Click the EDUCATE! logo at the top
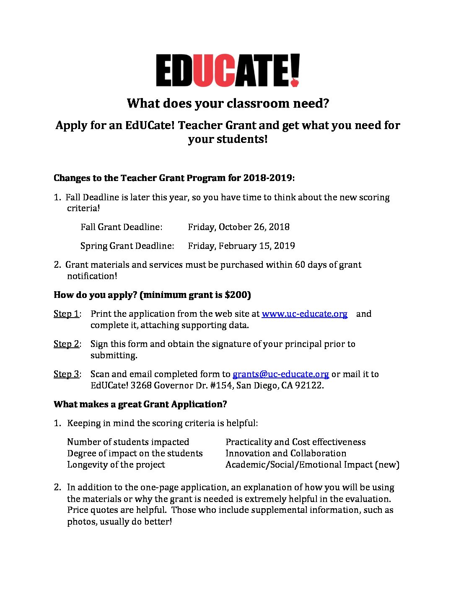(x=228, y=70)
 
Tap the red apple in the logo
(x=295, y=82)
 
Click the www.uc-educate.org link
(x=304, y=314)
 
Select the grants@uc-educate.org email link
(x=280, y=374)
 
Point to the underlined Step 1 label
(x=66, y=314)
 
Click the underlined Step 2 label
(x=66, y=344)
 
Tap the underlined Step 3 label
(x=66, y=374)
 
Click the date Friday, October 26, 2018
(x=238, y=227)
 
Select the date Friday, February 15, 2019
(x=241, y=246)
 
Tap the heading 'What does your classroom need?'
(x=228, y=103)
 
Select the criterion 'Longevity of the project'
(x=116, y=465)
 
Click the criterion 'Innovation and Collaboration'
(x=286, y=453)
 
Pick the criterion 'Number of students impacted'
(x=128, y=442)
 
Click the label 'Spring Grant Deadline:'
(x=127, y=246)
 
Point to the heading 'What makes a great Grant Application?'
(x=140, y=404)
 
